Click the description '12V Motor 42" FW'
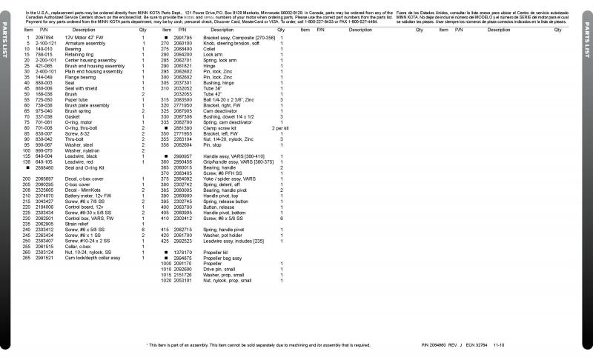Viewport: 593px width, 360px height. [82, 36]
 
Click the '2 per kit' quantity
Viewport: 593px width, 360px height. [281, 128]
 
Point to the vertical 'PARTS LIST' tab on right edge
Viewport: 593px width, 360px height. [586, 44]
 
